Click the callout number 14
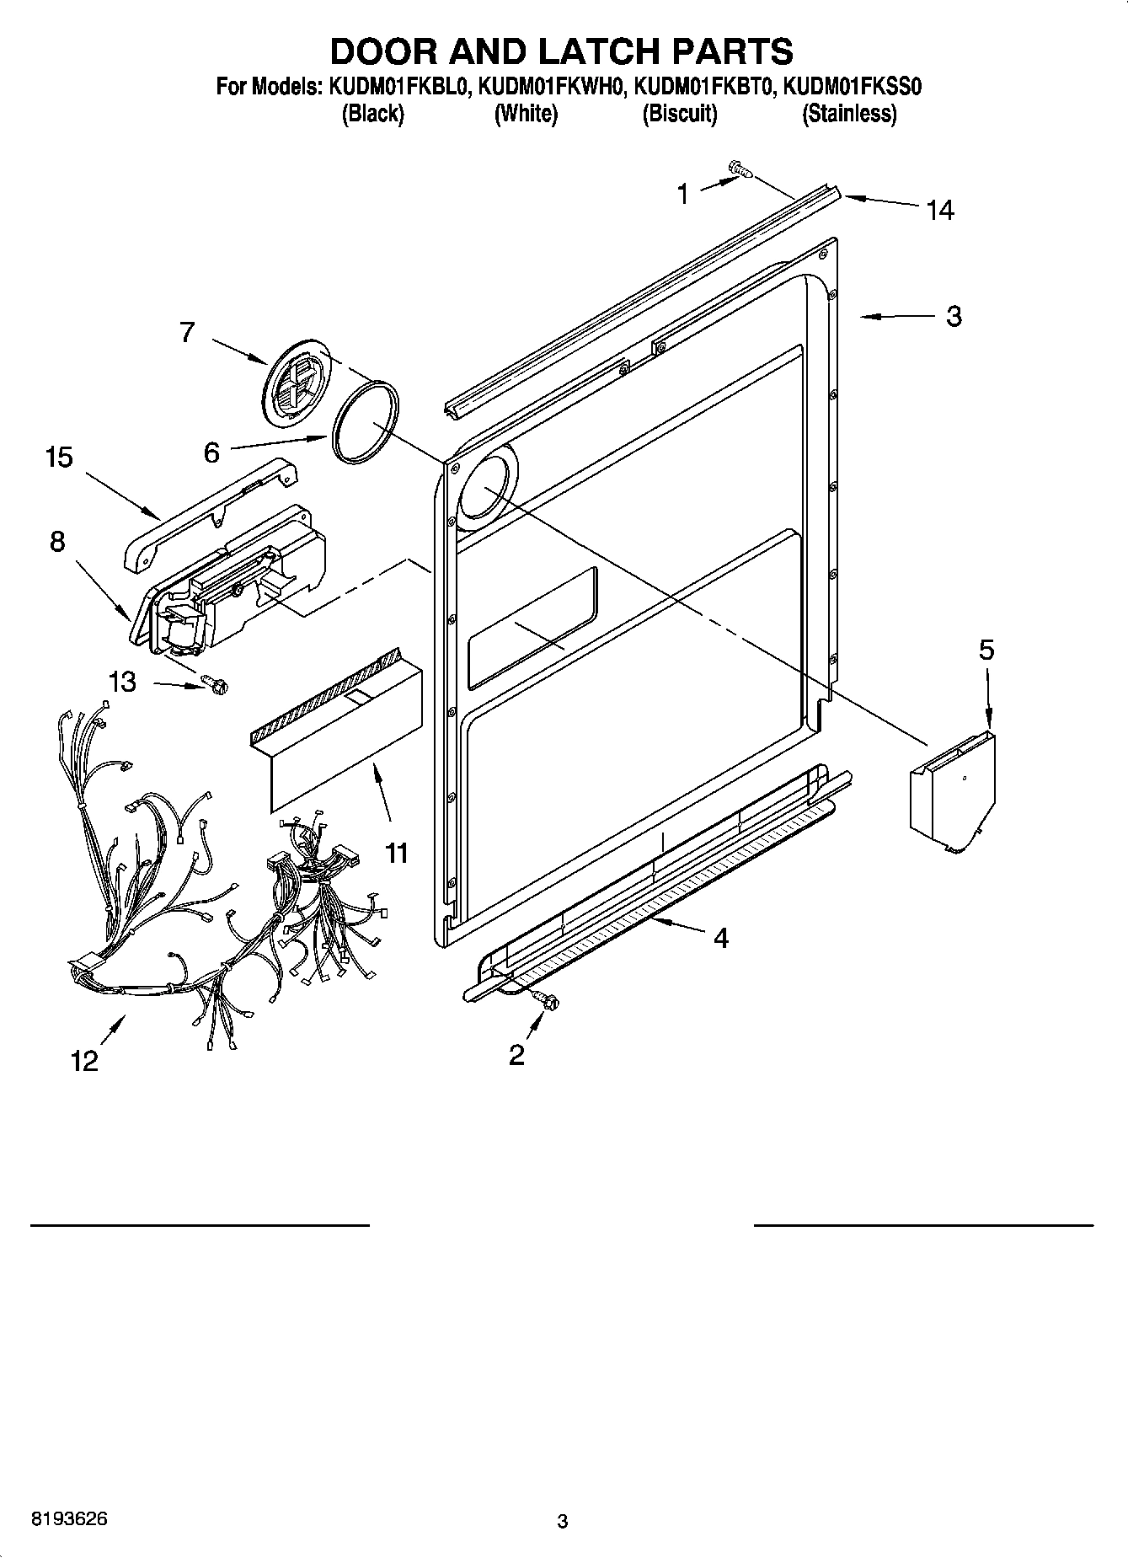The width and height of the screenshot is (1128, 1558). click(939, 210)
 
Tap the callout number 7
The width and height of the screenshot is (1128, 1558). click(187, 333)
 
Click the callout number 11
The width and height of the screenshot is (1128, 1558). click(396, 853)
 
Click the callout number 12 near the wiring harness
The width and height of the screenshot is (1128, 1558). click(85, 1061)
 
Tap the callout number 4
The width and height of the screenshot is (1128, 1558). click(720, 938)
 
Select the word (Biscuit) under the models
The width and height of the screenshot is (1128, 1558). click(679, 114)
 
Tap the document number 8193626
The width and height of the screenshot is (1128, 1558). click(69, 1518)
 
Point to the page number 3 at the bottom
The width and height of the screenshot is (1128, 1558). click(563, 1522)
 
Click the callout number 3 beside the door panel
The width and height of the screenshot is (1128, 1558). click(953, 317)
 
